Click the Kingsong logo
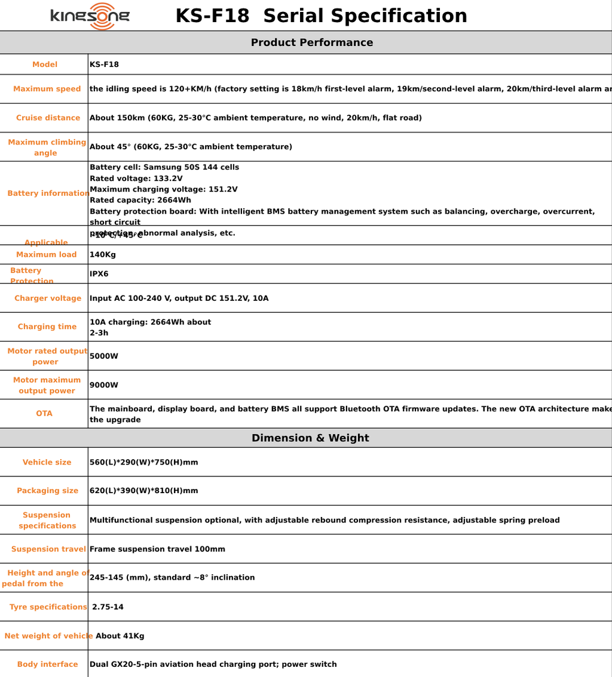point(90,16)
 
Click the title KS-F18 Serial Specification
point(321,16)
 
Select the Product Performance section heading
point(311,42)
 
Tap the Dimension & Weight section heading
point(310,438)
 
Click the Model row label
point(45,64)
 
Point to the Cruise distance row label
point(48,118)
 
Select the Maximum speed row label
point(47,89)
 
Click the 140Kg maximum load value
point(103,255)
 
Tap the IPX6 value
point(99,274)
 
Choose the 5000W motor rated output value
point(104,356)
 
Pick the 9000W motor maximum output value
point(104,385)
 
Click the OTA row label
point(44,414)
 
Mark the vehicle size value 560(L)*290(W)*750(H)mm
point(143,463)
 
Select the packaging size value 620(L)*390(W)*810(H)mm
point(143,491)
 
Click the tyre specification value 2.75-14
point(108,607)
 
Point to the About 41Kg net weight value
point(120,636)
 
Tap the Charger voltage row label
point(48,299)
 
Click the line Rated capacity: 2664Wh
point(140,201)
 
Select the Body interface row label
point(47,664)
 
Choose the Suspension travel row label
point(48,549)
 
